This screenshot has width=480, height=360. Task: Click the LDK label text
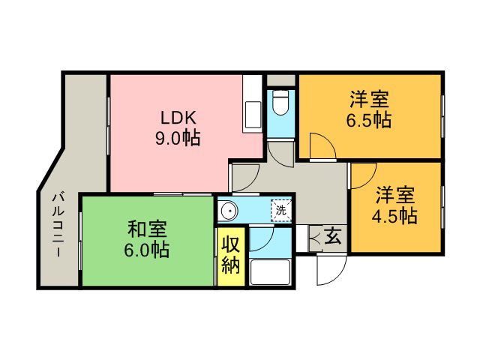(x=178, y=118)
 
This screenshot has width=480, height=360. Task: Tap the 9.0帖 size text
(x=178, y=138)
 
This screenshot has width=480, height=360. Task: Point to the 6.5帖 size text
(x=369, y=120)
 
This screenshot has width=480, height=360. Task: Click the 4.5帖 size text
(x=394, y=215)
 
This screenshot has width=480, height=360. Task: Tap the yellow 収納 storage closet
(x=231, y=256)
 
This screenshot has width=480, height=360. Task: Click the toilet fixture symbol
(x=280, y=103)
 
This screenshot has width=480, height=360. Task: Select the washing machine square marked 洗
(x=281, y=210)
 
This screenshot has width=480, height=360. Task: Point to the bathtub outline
(x=270, y=272)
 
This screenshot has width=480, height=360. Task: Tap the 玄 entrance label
(x=332, y=237)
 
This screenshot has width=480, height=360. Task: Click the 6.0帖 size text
(x=147, y=250)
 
